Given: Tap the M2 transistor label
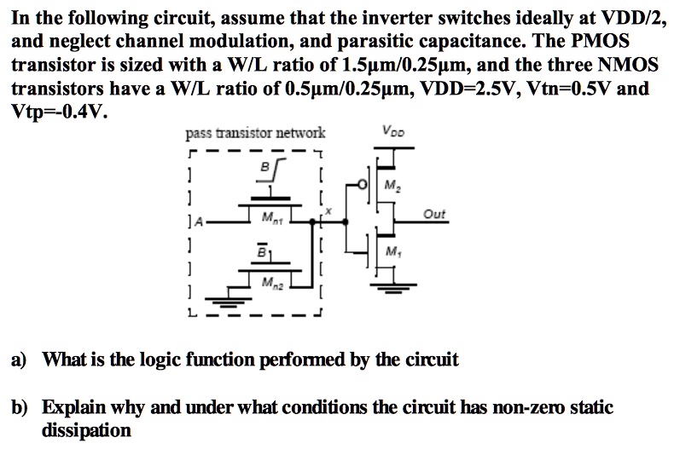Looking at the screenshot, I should click(392, 187).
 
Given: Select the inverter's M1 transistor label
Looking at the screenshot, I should click(392, 251).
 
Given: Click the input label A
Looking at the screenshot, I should click(198, 223).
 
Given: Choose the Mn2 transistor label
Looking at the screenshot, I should click(270, 281).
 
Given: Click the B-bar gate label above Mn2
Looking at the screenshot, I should click(264, 253).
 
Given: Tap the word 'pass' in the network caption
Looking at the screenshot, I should click(198, 134).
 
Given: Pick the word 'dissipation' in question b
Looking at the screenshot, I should click(86, 430).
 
